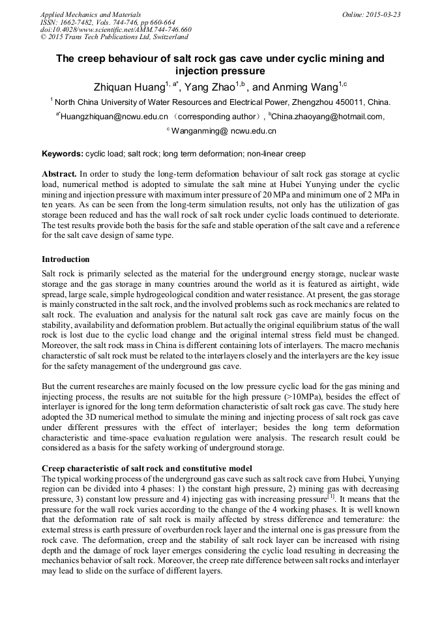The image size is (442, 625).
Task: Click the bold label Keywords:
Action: point(62,154)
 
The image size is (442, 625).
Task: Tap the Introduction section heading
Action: point(66,259)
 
